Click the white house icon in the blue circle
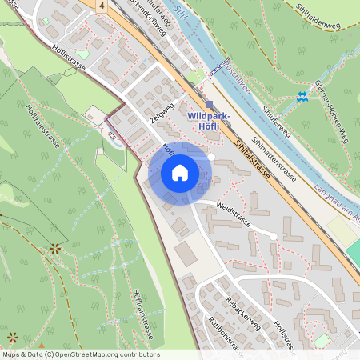pos(180,173)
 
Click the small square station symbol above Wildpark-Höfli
pos(209,104)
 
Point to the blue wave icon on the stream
pos(302,97)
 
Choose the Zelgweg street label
pos(162,114)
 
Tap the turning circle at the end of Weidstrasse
pos(274,236)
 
